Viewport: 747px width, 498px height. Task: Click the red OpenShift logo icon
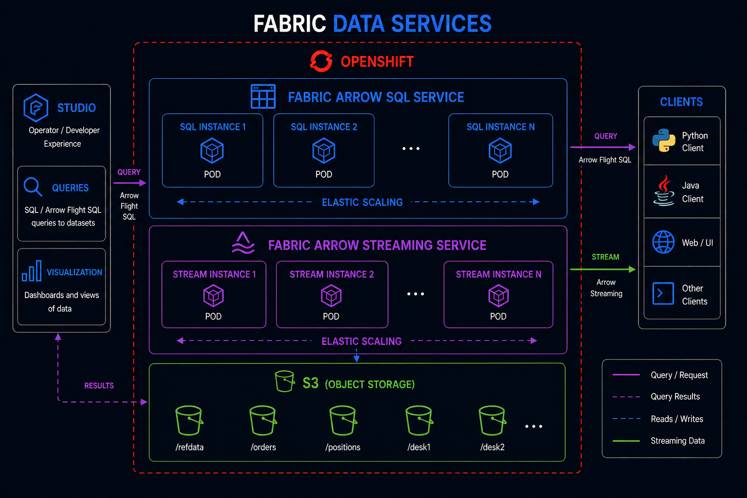pyautogui.click(x=321, y=61)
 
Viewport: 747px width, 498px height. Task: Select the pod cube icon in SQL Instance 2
pyautogui.click(x=324, y=150)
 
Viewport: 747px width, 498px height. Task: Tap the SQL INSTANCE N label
pyautogui.click(x=500, y=127)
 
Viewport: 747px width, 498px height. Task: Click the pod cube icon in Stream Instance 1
pyautogui.click(x=213, y=296)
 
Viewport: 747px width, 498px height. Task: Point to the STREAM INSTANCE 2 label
pyautogui.click(x=332, y=274)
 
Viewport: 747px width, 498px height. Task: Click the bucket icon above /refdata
pyautogui.click(x=189, y=420)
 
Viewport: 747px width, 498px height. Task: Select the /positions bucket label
pyautogui.click(x=342, y=447)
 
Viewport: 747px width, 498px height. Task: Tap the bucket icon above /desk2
pyautogui.click(x=492, y=420)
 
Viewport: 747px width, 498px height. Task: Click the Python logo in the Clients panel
pyautogui.click(x=663, y=141)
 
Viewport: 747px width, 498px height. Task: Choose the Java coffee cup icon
pyautogui.click(x=664, y=191)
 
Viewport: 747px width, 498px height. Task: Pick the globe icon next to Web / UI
pyautogui.click(x=663, y=242)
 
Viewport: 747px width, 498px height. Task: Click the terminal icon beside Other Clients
pyautogui.click(x=663, y=293)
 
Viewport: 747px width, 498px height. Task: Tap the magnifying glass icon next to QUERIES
pyautogui.click(x=33, y=187)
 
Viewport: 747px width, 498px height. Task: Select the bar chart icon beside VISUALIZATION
pyautogui.click(x=32, y=271)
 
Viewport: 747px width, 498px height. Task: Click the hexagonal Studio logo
pyautogui.click(x=36, y=107)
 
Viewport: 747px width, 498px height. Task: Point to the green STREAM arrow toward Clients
pyautogui.click(x=603, y=269)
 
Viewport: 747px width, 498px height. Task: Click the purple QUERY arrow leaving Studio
pyautogui.click(x=129, y=183)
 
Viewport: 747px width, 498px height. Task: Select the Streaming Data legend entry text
pyautogui.click(x=677, y=441)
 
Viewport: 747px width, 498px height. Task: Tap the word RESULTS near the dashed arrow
pyautogui.click(x=99, y=386)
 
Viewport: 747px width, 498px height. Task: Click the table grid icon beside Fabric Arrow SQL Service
pyautogui.click(x=263, y=96)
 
